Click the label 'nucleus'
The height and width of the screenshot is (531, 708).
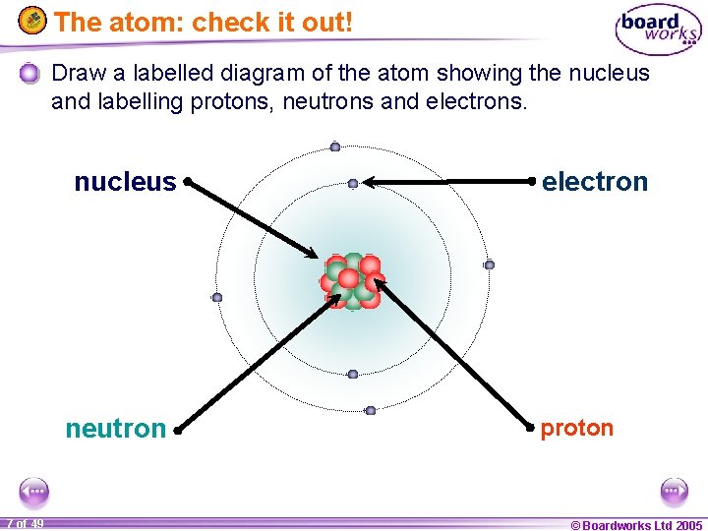click(125, 182)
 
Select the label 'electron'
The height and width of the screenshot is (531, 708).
click(595, 182)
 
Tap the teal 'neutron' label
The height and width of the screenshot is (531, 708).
click(115, 429)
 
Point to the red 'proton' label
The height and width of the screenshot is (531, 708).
click(577, 428)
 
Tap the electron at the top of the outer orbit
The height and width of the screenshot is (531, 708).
click(335, 147)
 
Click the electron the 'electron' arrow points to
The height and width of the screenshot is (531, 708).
click(353, 183)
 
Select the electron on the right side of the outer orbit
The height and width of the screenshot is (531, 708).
click(489, 265)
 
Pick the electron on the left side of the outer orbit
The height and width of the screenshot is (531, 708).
click(217, 297)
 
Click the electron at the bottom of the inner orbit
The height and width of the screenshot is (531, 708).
click(353, 374)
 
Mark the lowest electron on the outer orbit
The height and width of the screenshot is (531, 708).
click(371, 410)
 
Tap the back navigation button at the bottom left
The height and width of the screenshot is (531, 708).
click(33, 491)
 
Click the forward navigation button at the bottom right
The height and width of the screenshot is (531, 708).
click(675, 491)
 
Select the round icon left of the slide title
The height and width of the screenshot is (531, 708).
click(34, 20)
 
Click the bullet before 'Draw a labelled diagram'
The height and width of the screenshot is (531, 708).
click(30, 73)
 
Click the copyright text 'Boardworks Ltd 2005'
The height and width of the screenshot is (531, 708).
click(637, 525)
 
